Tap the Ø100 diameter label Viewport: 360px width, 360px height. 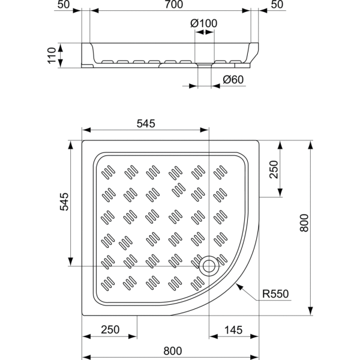pyautogui.click(x=203, y=23)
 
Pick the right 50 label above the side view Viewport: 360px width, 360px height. pyautogui.click(x=277, y=5)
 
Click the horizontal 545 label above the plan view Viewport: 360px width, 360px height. pyautogui.click(x=146, y=124)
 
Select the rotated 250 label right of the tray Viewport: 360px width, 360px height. pyautogui.click(x=274, y=169)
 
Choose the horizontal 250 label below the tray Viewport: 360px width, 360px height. pyautogui.click(x=110, y=329)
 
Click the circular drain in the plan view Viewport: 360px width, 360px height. pyautogui.click(x=209, y=265)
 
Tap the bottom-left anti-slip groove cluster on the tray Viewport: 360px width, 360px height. pyautogui.click(x=108, y=282)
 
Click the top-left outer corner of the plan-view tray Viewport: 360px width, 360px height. pyautogui.click(x=83, y=142)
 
